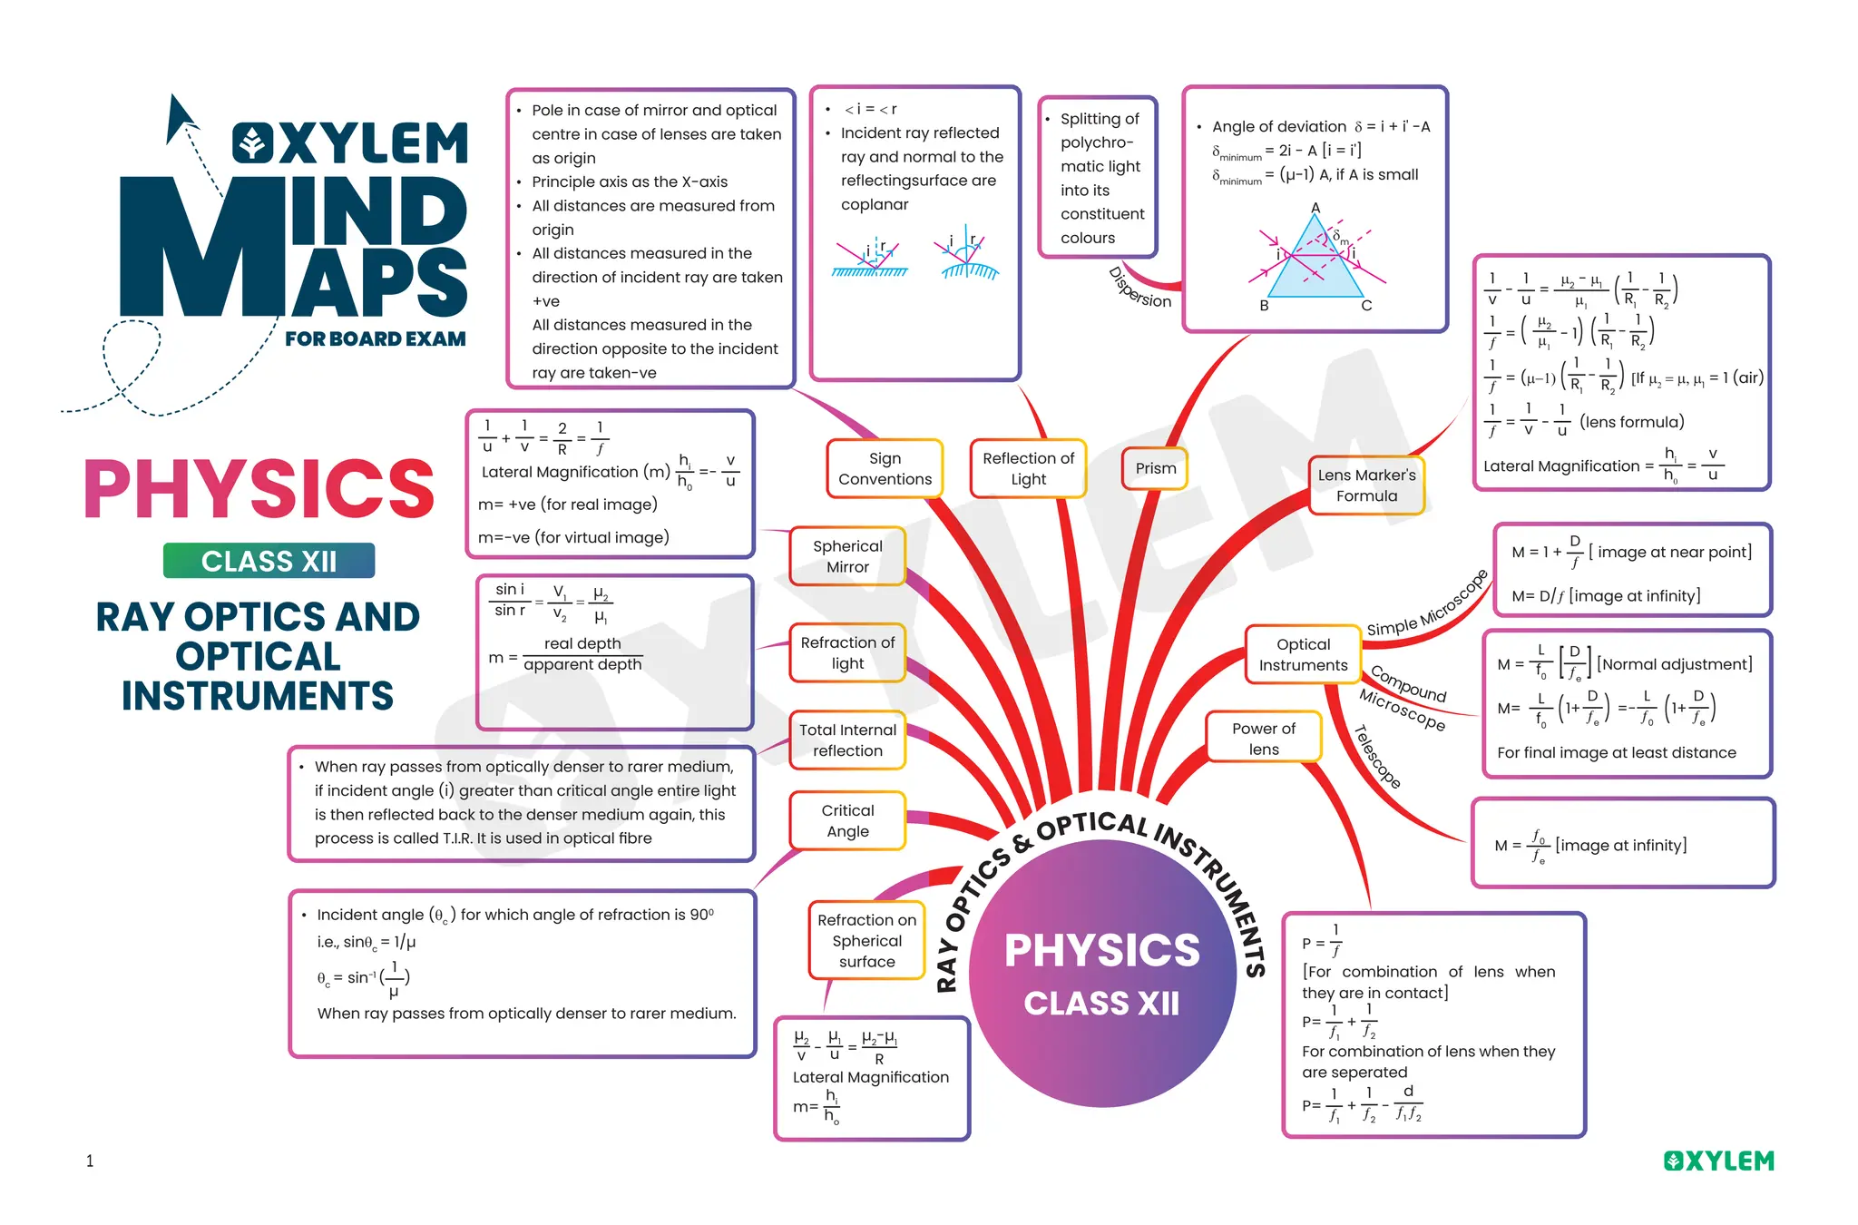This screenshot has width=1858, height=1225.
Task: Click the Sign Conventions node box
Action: [x=885, y=468]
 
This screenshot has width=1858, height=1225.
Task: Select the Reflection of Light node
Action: [x=1028, y=468]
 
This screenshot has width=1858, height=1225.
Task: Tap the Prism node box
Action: [x=1155, y=468]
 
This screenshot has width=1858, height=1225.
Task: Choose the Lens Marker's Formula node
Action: [x=1366, y=485]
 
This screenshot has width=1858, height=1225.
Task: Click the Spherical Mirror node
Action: [x=847, y=556]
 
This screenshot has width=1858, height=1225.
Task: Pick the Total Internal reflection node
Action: [x=847, y=740]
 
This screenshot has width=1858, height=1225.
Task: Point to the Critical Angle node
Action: [x=847, y=820]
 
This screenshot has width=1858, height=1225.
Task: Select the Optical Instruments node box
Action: [x=1303, y=654]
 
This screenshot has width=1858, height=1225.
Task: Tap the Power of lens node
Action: [x=1263, y=739]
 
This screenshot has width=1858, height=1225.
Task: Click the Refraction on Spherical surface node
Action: [x=866, y=940]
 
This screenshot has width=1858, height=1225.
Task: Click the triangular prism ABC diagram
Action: [x=1315, y=260]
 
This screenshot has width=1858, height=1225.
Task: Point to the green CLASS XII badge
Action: [x=269, y=561]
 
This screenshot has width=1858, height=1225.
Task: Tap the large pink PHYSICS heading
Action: [x=259, y=489]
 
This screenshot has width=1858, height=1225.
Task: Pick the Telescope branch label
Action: [x=1377, y=757]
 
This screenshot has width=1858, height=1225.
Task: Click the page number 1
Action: [x=90, y=1161]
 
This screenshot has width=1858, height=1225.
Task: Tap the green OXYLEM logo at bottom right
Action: [x=1718, y=1161]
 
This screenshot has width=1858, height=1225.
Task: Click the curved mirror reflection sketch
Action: [x=969, y=254]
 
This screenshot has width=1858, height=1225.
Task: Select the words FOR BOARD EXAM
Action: [x=375, y=339]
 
